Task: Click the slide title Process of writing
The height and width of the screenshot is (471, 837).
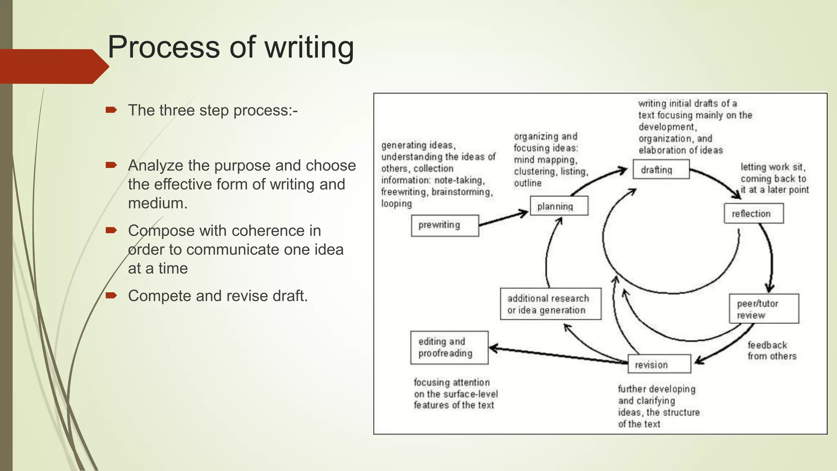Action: pos(231,47)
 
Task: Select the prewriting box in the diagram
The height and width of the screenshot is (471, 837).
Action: pos(445,225)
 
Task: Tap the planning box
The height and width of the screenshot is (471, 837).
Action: pos(559,206)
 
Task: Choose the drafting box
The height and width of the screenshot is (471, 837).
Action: pos(661,169)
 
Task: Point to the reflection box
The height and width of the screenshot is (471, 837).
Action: pos(753,213)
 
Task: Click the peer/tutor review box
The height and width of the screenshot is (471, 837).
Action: pos(763,309)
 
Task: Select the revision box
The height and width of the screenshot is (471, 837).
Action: pos(659,364)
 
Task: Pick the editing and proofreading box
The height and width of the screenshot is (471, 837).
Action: pos(449,348)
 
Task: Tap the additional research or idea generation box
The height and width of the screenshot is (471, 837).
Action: pos(551,304)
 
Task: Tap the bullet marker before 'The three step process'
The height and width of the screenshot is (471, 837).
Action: pos(111,110)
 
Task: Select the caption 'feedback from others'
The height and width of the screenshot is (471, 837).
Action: pos(772,350)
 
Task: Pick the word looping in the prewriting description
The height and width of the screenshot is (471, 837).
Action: pos(396,203)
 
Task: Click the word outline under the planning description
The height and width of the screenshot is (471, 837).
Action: pos(527,183)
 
